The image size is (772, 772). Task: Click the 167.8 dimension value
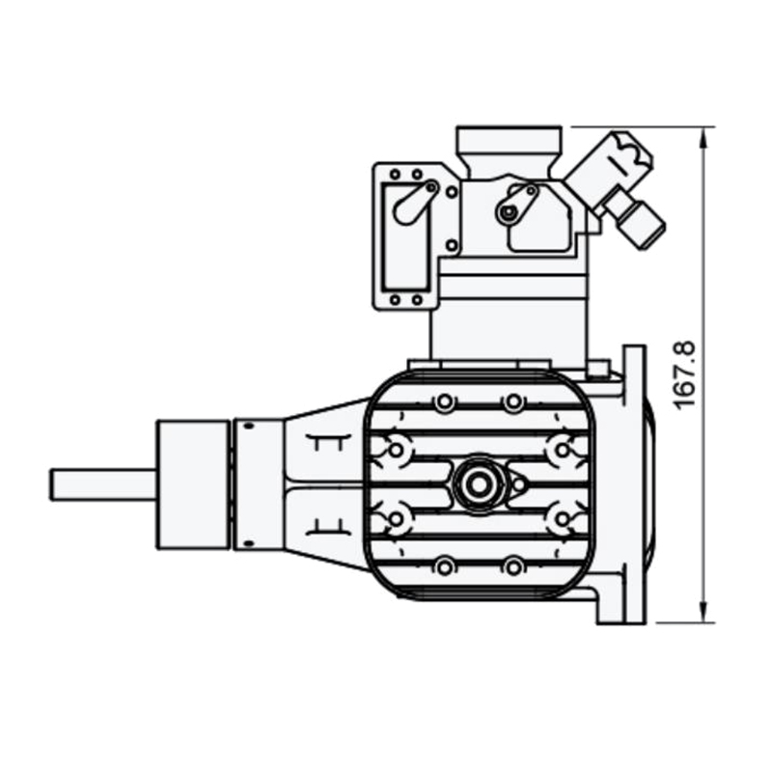tap(684, 373)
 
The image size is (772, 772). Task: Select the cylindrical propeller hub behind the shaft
tap(193, 483)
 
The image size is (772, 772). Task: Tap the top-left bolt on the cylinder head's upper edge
tap(443, 401)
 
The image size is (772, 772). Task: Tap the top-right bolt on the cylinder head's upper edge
tap(514, 401)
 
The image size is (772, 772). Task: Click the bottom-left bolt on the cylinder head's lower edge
tap(443, 565)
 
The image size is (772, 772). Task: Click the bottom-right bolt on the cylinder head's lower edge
tap(514, 565)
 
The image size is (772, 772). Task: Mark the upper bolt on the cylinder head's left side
tap(396, 448)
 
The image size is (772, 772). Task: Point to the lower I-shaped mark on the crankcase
tap(326, 525)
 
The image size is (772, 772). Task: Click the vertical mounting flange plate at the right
tap(633, 482)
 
